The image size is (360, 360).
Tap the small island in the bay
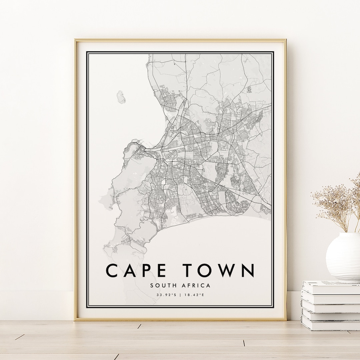[120, 97]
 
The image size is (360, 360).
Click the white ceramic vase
[343, 257]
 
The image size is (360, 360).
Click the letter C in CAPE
[113, 270]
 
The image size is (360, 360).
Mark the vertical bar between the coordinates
[180, 295]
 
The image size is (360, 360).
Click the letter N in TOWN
[248, 270]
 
